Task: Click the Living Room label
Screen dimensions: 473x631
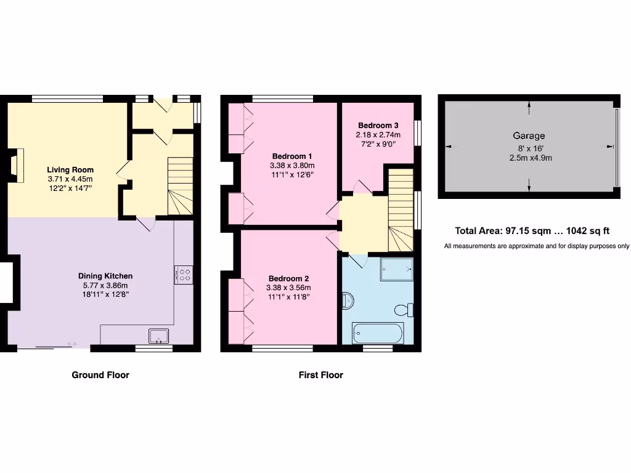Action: pyautogui.click(x=70, y=169)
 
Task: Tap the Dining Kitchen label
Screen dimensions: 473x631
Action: pyautogui.click(x=105, y=276)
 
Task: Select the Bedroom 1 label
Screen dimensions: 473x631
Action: pyautogui.click(x=292, y=156)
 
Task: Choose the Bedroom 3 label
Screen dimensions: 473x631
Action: pyautogui.click(x=378, y=125)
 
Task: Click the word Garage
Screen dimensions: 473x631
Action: pyautogui.click(x=529, y=135)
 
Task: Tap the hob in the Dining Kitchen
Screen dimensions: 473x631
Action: pyautogui.click(x=184, y=274)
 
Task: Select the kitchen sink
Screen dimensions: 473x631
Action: pyautogui.click(x=159, y=336)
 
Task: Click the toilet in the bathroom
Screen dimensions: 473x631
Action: pyautogui.click(x=406, y=309)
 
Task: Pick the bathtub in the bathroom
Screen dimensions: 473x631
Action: pyautogui.click(x=377, y=333)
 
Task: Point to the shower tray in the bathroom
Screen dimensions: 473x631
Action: pyautogui.click(x=395, y=269)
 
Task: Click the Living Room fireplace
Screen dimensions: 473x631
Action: pyautogui.click(x=17, y=166)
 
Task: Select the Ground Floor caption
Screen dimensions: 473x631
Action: pyautogui.click(x=100, y=374)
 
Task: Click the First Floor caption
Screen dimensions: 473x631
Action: pyautogui.click(x=320, y=374)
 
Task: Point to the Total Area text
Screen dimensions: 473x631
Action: pyautogui.click(x=532, y=231)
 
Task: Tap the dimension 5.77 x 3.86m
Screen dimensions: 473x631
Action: pyautogui.click(x=105, y=285)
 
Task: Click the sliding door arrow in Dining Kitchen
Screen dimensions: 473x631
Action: pyautogui.click(x=72, y=344)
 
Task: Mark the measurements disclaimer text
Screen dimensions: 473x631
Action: pyautogui.click(x=536, y=246)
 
